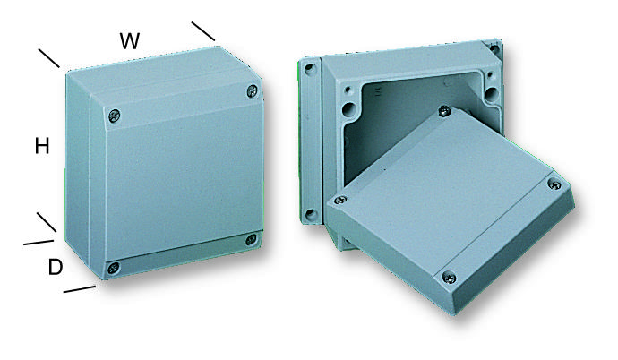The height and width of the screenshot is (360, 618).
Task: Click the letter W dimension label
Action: point(130,41)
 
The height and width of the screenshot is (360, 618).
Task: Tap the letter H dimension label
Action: point(42,146)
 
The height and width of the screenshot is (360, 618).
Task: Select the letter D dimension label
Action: point(56,267)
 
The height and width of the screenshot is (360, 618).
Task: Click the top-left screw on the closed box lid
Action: point(114,116)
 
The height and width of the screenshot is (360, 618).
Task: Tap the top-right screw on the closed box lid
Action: point(253,91)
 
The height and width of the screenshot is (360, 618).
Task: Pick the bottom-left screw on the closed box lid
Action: point(114,269)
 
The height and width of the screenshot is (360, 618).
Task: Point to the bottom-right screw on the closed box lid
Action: point(251,239)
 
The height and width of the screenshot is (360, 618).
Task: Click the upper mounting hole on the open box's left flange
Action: point(310,70)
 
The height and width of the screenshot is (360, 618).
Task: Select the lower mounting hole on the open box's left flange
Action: point(312,215)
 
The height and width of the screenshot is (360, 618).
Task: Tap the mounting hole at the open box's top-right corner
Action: point(494,49)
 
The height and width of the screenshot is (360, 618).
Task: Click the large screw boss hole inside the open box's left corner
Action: point(348,108)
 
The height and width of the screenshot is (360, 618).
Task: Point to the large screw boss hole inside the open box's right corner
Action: point(492,94)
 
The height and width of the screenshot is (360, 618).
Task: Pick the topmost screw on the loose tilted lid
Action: point(444,111)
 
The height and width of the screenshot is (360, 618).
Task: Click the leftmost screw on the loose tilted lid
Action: point(340,200)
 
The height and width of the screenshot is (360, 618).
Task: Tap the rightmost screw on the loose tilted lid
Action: point(554,184)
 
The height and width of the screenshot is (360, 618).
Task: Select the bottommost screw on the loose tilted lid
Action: point(449,278)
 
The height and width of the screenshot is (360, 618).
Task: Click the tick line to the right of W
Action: point(203,31)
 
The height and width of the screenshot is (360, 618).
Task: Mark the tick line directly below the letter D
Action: point(79,289)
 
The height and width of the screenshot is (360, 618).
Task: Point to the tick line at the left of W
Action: point(49,58)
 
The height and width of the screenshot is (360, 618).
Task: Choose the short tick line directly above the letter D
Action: point(39,242)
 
